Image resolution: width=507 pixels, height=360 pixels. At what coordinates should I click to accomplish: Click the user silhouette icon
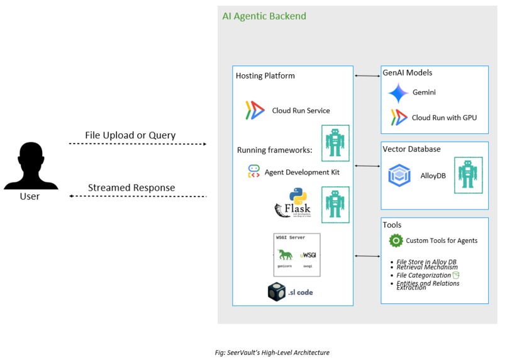click(31, 166)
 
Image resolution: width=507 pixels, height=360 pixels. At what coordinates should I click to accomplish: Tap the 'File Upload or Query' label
click(130, 135)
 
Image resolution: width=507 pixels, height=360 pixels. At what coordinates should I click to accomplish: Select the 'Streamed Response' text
click(131, 188)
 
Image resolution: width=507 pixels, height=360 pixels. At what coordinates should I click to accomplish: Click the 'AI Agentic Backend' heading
click(264, 16)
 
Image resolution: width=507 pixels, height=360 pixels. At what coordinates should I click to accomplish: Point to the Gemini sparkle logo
click(398, 93)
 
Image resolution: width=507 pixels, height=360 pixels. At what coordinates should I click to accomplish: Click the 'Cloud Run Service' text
click(301, 111)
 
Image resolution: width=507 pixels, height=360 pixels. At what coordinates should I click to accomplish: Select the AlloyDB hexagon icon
click(399, 176)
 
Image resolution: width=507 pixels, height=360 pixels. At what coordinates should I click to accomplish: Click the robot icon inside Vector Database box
click(468, 175)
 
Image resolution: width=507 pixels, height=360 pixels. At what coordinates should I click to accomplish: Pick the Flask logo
click(292, 203)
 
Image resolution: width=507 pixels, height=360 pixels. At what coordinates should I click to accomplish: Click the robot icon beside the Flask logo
click(335, 205)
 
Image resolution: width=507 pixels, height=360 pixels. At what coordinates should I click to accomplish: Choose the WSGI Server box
click(297, 254)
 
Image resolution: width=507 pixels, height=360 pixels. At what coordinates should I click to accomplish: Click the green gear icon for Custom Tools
click(396, 240)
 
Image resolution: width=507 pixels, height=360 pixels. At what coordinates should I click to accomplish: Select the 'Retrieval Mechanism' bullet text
click(427, 267)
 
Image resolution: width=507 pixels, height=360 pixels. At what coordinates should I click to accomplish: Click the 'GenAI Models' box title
click(407, 73)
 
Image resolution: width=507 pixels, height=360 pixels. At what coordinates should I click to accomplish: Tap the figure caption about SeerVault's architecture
click(272, 352)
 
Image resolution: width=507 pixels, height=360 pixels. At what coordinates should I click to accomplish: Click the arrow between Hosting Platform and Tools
click(367, 256)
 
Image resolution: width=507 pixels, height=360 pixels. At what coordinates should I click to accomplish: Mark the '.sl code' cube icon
click(277, 292)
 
